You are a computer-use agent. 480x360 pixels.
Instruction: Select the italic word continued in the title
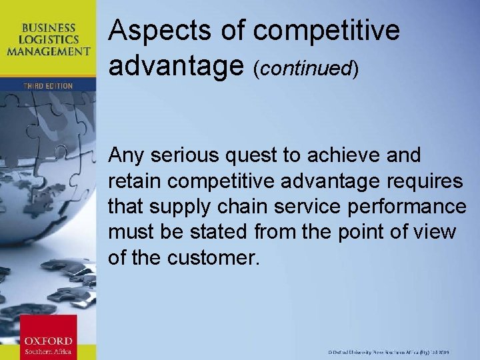point(306,68)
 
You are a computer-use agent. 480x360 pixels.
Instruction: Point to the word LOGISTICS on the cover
point(51,39)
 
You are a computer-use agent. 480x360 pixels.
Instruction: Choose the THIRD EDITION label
point(48,85)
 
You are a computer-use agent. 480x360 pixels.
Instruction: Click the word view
point(436,232)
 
